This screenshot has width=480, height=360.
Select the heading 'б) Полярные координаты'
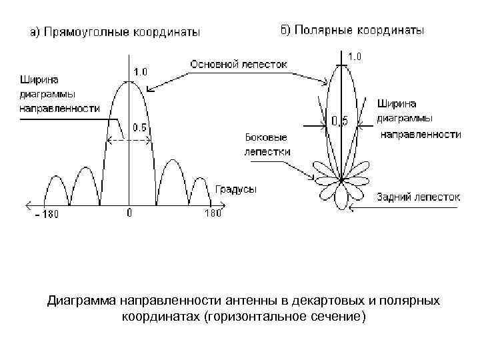(351, 31)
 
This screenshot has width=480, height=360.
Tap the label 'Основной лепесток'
(239, 65)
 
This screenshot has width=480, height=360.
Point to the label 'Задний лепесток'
(418, 197)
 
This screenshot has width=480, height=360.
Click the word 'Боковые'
(266, 137)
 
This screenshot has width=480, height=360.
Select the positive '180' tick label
(211, 214)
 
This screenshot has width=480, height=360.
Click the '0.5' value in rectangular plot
(141, 128)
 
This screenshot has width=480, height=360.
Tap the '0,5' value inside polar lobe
(340, 121)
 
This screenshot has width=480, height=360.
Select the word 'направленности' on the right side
(421, 134)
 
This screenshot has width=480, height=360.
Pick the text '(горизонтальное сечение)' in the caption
(287, 316)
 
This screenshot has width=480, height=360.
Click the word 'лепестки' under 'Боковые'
(267, 151)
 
